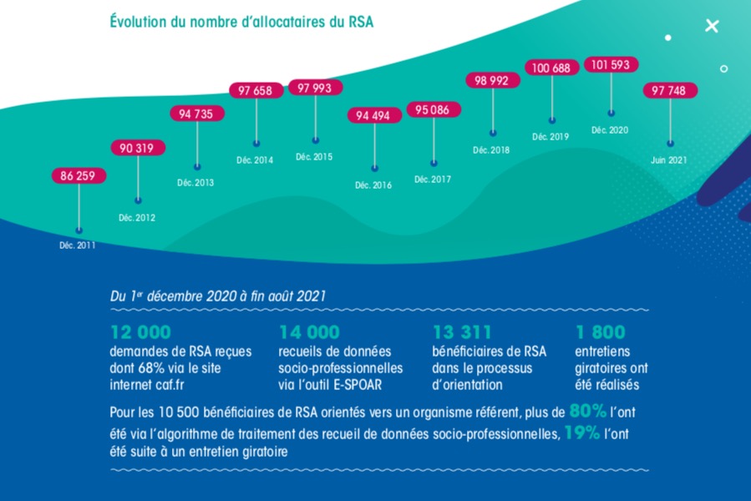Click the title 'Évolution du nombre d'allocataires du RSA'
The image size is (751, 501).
point(241,22)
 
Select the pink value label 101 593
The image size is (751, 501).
point(611,64)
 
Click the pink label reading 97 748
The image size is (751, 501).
point(670,90)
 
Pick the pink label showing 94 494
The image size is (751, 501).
point(374,116)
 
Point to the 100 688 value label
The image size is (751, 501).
point(551,68)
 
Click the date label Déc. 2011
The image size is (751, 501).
point(79,245)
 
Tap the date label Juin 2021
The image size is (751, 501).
point(670,160)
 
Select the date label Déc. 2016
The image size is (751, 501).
point(373,185)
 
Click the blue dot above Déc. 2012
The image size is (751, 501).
point(138,200)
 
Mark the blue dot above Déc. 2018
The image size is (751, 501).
point(493,133)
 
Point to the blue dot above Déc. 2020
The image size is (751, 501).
point(611,112)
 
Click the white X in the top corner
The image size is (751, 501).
point(712,26)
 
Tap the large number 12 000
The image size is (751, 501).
point(140,332)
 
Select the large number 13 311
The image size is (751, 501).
point(462,332)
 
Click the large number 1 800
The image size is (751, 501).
point(600,332)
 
